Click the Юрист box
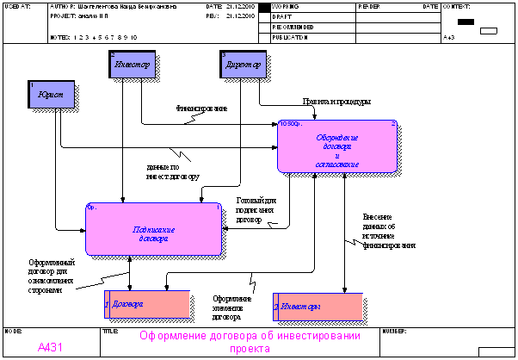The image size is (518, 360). (51, 94)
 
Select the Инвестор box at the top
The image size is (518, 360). (131, 65)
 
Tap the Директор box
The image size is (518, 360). (243, 65)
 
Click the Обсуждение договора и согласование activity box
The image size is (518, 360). (338, 146)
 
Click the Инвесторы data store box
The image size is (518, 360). (317, 307)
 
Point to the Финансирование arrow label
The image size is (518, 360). (201, 109)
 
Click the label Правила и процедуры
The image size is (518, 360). (336, 102)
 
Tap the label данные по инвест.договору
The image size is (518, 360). (174, 172)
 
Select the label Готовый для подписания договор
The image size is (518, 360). (256, 209)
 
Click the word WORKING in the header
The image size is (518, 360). (286, 6)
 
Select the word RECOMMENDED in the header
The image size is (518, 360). (293, 27)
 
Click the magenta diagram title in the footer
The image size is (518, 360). (250, 342)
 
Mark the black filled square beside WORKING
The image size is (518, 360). (264, 7)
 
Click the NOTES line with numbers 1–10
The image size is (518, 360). (94, 38)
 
